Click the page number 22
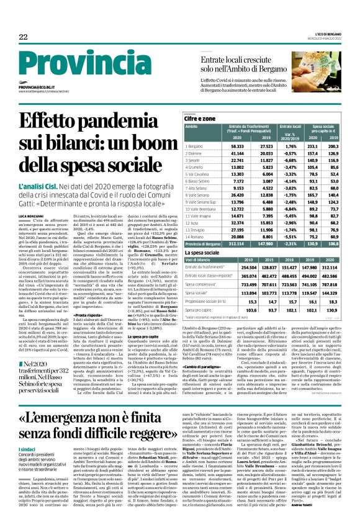(23, 38)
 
